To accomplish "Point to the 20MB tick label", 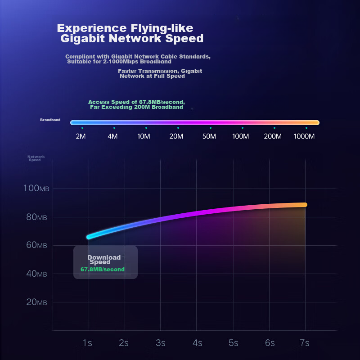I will [x=36, y=302].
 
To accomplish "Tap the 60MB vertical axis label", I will [x=36, y=245].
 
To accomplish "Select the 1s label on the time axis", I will [x=87, y=343].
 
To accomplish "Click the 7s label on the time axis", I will [x=305, y=343].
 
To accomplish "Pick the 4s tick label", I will [x=197, y=343].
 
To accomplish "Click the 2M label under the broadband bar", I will [x=81, y=136].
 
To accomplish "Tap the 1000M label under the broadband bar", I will [x=304, y=136].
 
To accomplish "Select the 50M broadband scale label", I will [x=209, y=136].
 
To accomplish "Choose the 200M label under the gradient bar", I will [x=273, y=136].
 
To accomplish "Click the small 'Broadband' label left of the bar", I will [x=50, y=120].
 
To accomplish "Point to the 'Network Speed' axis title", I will [x=36, y=158].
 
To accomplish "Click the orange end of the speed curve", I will [x=304, y=205].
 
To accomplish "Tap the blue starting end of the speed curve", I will [x=89, y=237].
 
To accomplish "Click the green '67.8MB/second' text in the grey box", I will [x=103, y=270].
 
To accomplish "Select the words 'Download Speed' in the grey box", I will [x=103, y=260].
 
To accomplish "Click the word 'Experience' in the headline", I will [x=85, y=28].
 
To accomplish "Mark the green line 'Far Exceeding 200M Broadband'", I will [x=136, y=107].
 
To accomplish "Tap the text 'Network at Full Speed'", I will [x=152, y=76].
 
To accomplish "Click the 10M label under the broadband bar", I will [x=144, y=136].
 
